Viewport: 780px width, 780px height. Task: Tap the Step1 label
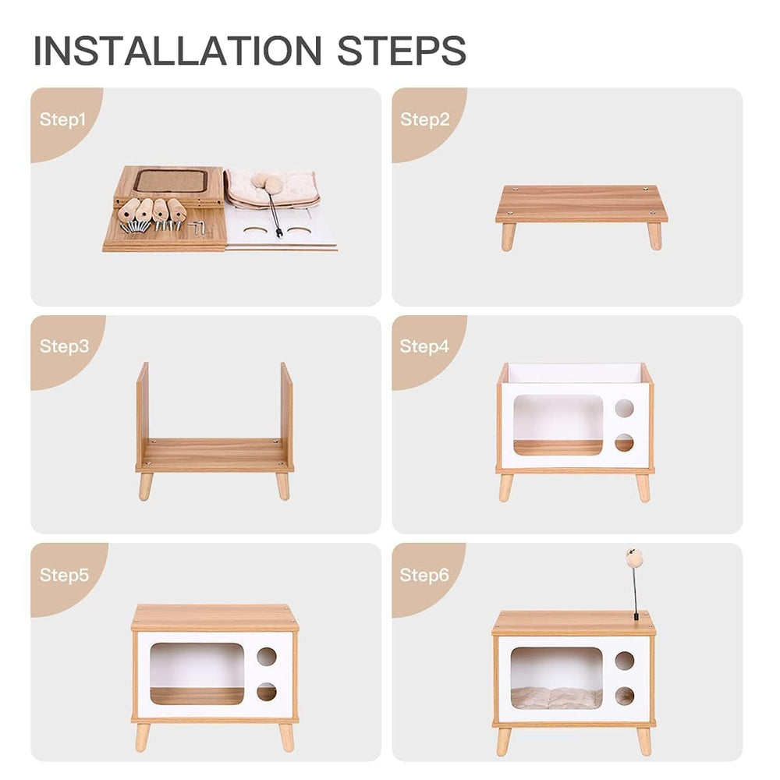point(62,120)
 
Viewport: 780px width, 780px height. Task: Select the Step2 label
point(425,120)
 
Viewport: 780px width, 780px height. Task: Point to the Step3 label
point(65,347)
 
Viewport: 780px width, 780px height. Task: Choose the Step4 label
point(425,347)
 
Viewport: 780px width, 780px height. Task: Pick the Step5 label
point(65,576)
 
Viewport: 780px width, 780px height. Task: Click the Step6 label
point(425,576)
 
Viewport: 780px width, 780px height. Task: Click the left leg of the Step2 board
point(508,236)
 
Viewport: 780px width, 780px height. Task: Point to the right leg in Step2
point(654,236)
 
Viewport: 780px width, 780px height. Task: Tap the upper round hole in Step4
point(624,408)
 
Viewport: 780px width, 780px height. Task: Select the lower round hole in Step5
point(266,692)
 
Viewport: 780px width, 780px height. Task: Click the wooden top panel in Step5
point(215,617)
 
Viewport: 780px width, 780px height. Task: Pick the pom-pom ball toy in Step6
point(633,558)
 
